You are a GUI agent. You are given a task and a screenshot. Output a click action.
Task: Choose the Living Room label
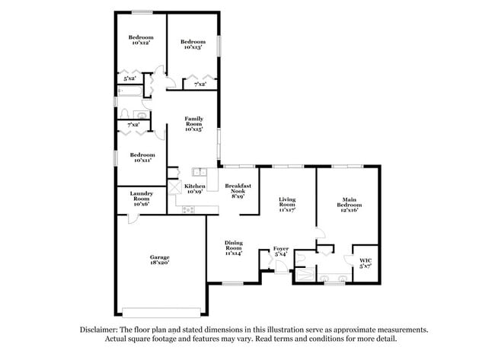point(286,201)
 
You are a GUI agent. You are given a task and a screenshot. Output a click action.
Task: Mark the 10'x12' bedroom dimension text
point(141,43)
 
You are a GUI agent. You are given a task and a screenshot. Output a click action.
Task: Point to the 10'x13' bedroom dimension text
point(193,47)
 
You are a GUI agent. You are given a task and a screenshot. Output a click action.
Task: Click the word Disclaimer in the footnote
point(101,330)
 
